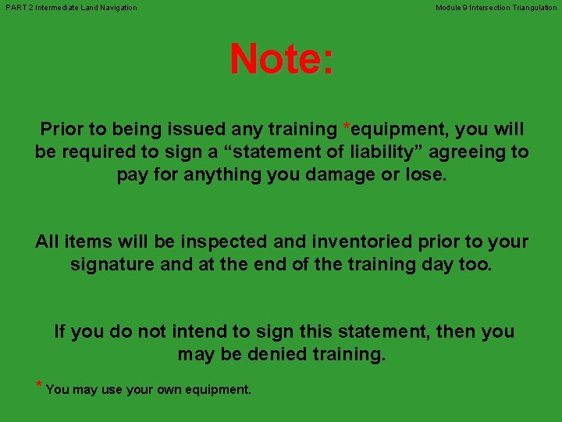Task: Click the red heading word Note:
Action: [x=281, y=59]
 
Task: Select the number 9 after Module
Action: [x=467, y=8]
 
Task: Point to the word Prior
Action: [x=60, y=129]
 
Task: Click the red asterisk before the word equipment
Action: [x=346, y=127]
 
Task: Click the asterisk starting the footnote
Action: [x=39, y=385]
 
